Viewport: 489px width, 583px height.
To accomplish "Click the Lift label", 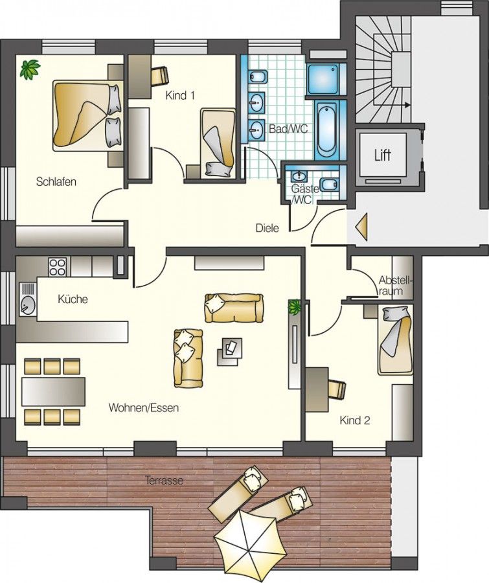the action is coord(383,155).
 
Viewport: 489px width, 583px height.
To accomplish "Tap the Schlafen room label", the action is coord(56,182).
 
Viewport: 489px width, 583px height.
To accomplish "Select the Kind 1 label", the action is coord(180,96).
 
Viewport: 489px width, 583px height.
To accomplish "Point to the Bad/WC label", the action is coord(289,129).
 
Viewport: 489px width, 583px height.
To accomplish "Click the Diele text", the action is coord(267,228).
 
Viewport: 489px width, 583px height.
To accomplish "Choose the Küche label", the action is coord(73,299).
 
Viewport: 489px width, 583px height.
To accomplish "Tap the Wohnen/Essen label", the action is coord(144,408).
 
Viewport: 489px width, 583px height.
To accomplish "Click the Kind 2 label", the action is coord(355,420).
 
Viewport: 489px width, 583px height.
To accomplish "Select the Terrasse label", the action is coord(165,481).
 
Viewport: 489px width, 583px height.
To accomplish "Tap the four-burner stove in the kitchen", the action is coord(57,267).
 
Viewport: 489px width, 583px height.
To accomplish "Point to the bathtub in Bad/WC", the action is coord(327,130).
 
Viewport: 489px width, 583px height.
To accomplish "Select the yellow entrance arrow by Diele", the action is coord(362,227).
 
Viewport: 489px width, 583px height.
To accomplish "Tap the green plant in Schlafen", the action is coord(30,69).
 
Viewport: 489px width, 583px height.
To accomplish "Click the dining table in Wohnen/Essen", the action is coord(54,391).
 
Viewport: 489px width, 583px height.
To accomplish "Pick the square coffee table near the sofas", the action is coord(230,350).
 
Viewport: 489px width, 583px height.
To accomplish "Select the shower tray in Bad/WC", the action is coord(323,79).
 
